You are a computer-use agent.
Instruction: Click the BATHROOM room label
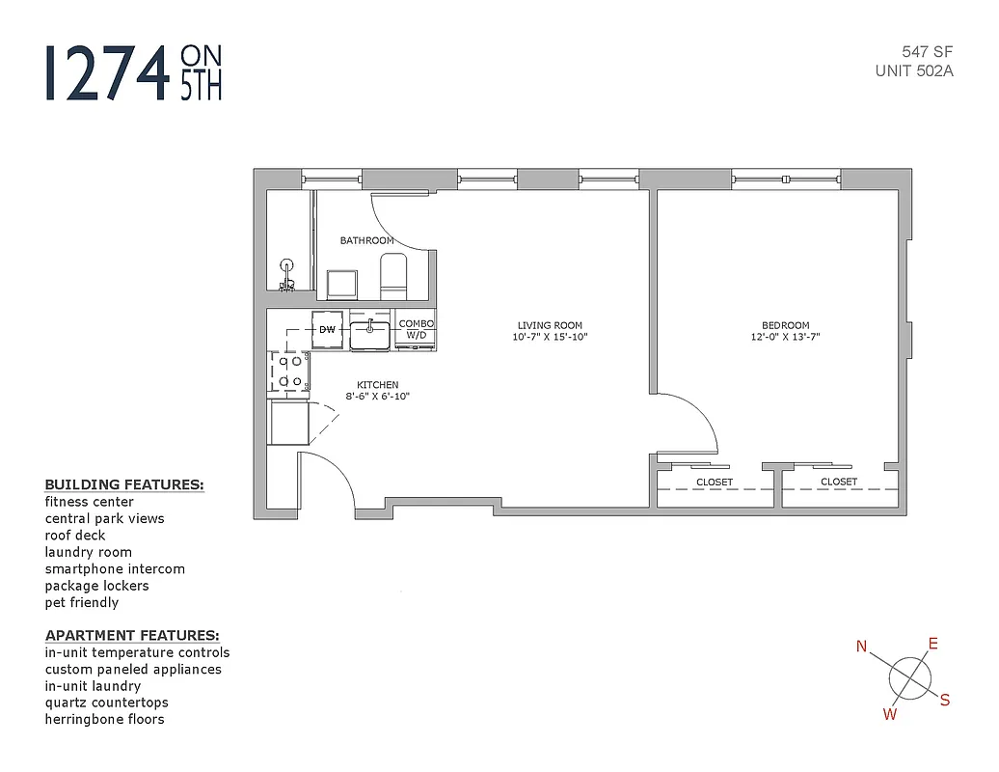pos(366,240)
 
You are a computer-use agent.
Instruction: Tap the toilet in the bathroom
pos(393,277)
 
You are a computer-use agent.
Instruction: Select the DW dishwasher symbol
pos(327,329)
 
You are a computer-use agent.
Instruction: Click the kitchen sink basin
pos(369,335)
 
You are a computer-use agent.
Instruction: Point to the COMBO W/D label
pos(417,329)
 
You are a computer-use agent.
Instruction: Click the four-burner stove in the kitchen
pos(289,372)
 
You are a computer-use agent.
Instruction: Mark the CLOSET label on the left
pos(715,482)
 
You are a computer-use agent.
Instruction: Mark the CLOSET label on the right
pos(839,482)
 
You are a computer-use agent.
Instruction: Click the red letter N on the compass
pos(862,647)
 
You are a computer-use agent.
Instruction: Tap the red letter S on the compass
pos(945,701)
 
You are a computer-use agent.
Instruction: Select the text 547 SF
pos(928,53)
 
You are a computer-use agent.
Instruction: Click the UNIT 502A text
pos(914,70)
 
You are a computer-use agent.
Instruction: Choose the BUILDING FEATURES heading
pos(124,484)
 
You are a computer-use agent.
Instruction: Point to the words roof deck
pos(75,535)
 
